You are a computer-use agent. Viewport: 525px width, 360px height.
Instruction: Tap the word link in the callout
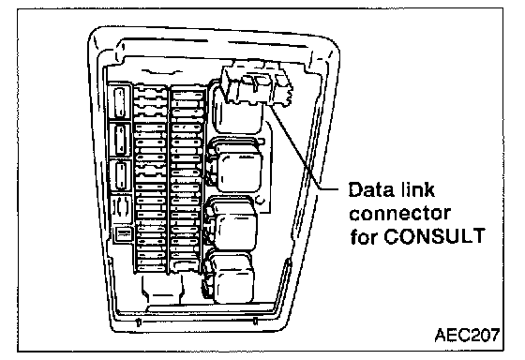click(x=416, y=189)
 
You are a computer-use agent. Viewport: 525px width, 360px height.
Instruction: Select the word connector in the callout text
click(x=399, y=214)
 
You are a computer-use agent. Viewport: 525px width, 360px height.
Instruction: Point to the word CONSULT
click(x=434, y=236)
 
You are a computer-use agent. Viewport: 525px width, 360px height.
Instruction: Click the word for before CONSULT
click(x=364, y=236)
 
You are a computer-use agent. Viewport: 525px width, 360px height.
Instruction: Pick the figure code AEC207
click(x=467, y=335)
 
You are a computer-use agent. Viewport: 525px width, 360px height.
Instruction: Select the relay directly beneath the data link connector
click(x=238, y=113)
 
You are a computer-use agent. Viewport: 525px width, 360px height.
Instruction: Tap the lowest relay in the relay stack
click(x=230, y=277)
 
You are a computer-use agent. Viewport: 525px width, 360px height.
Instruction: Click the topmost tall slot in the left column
click(x=120, y=102)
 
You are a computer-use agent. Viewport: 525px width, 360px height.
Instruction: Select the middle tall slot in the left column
click(x=120, y=140)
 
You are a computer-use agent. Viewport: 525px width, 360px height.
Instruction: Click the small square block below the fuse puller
click(x=124, y=234)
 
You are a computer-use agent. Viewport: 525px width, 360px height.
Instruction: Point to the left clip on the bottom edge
click(x=139, y=322)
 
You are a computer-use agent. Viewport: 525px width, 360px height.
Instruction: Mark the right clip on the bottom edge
click(x=255, y=322)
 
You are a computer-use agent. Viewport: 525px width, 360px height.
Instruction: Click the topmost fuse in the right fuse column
click(x=187, y=96)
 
